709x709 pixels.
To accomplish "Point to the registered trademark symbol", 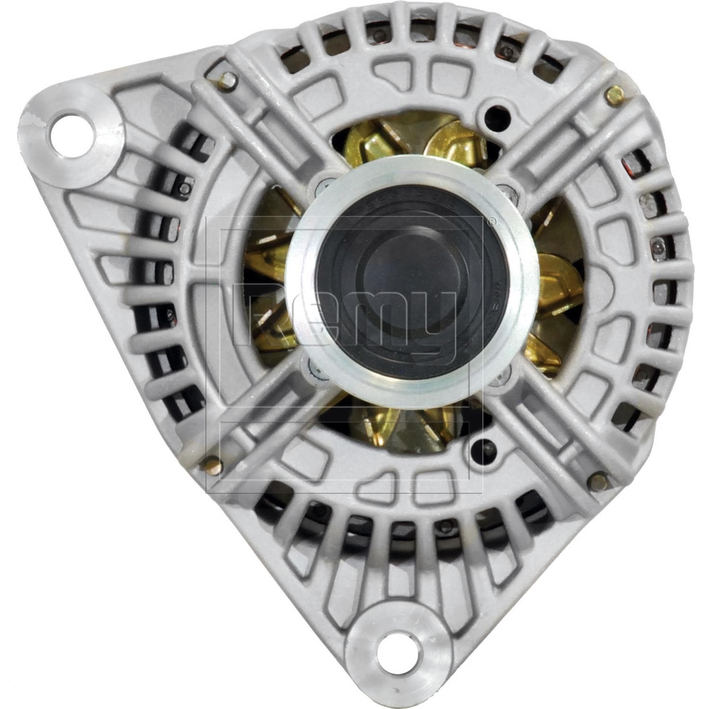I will [x=491, y=221].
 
